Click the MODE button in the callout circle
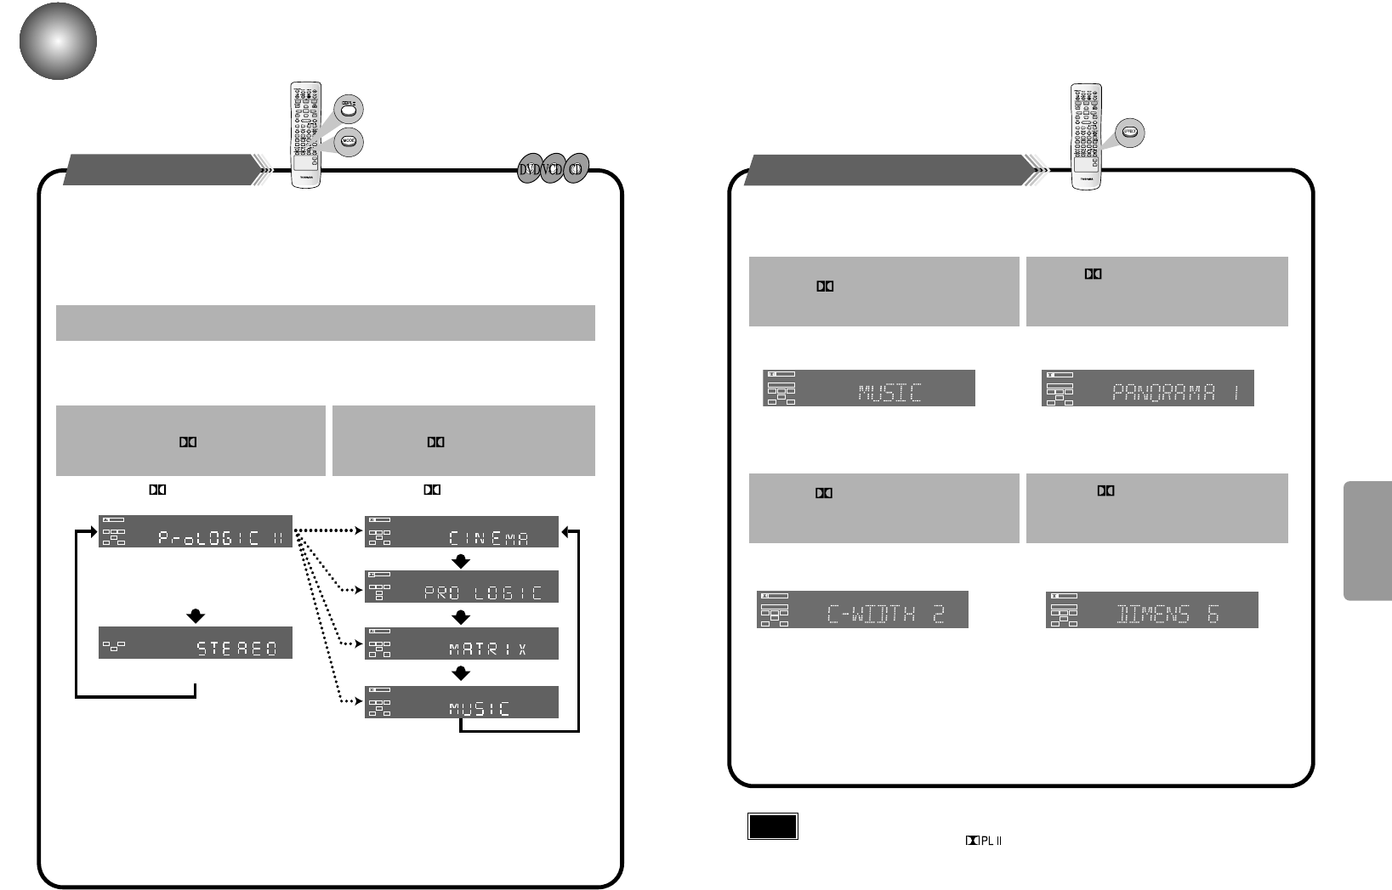pos(348,141)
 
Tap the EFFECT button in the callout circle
pos(1130,133)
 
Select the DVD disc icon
pos(530,169)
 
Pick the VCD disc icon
pos(554,169)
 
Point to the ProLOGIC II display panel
pos(196,531)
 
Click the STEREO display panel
pos(196,643)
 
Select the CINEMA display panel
pos(462,531)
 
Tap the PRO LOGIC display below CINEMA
pos(462,587)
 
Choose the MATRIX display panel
pos(462,643)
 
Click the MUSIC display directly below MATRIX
pos(462,702)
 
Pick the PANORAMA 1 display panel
pos(1148,388)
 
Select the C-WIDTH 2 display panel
pos(862,609)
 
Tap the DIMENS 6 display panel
pos(1151,610)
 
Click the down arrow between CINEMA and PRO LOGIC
pos(461,561)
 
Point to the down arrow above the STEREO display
pos(196,615)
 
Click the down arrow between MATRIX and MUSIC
pos(461,673)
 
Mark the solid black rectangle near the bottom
pos(773,826)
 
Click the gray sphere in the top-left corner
pos(58,41)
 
